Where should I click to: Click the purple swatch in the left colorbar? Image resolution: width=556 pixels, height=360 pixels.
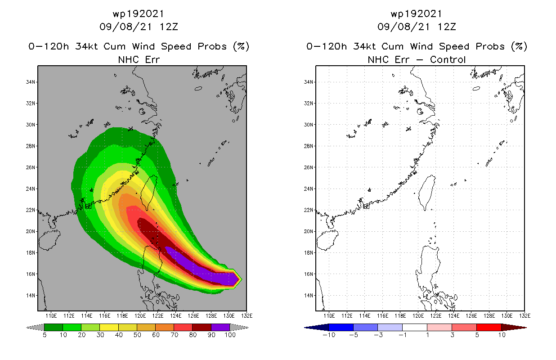[x=220, y=327]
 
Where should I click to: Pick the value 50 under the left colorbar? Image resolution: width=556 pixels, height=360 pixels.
[x=137, y=335]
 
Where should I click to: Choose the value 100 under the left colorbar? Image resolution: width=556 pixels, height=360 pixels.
[x=229, y=335]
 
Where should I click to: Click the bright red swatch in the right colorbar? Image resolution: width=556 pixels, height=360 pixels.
[x=489, y=327]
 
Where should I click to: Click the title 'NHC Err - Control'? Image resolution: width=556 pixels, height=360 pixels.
[x=417, y=59]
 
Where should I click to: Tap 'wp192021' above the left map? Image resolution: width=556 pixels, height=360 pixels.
[x=139, y=14]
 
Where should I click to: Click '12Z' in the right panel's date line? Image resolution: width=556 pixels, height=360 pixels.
[x=447, y=27]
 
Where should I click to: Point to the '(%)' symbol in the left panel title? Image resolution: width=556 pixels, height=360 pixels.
[x=240, y=46]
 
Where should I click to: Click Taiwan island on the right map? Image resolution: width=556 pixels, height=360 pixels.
[x=427, y=191]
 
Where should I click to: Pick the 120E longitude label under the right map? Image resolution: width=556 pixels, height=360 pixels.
[x=418, y=315]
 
